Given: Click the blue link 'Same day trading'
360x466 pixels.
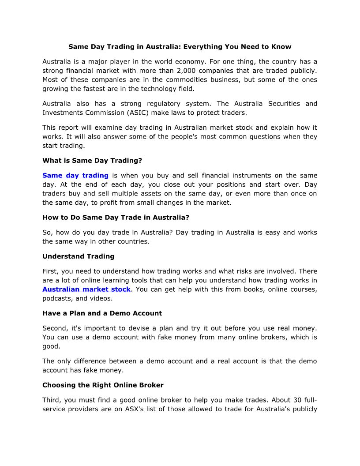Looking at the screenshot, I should (75, 176).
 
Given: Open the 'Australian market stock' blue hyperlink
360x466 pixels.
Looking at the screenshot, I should (86, 289).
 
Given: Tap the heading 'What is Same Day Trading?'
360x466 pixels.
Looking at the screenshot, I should (92, 161).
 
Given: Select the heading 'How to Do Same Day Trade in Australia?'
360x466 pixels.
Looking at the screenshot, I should (116, 217).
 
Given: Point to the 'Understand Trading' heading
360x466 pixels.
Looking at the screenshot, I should (78, 256).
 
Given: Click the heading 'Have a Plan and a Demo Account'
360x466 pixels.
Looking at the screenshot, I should (102, 313).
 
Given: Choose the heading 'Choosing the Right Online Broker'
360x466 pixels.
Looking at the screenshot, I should (103, 385).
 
